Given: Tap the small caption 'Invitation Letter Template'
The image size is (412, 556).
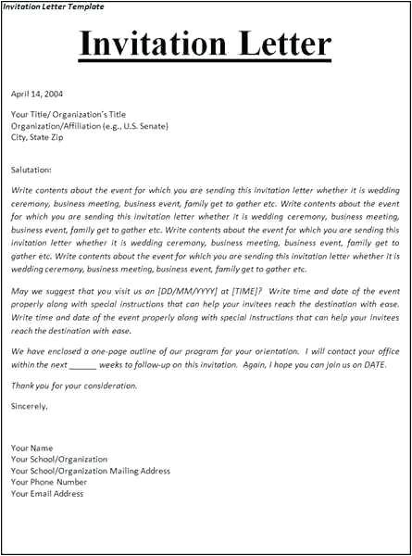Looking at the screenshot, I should [x=53, y=6].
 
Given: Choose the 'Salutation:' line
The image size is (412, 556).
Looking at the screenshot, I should [x=31, y=171].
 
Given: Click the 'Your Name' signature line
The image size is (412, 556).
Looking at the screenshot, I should [x=31, y=449].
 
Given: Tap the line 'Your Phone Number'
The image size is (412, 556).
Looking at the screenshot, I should [x=49, y=482].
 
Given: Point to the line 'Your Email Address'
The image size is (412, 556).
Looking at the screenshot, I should [x=47, y=493].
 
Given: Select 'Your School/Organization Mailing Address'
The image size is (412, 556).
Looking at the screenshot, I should [x=91, y=471].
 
